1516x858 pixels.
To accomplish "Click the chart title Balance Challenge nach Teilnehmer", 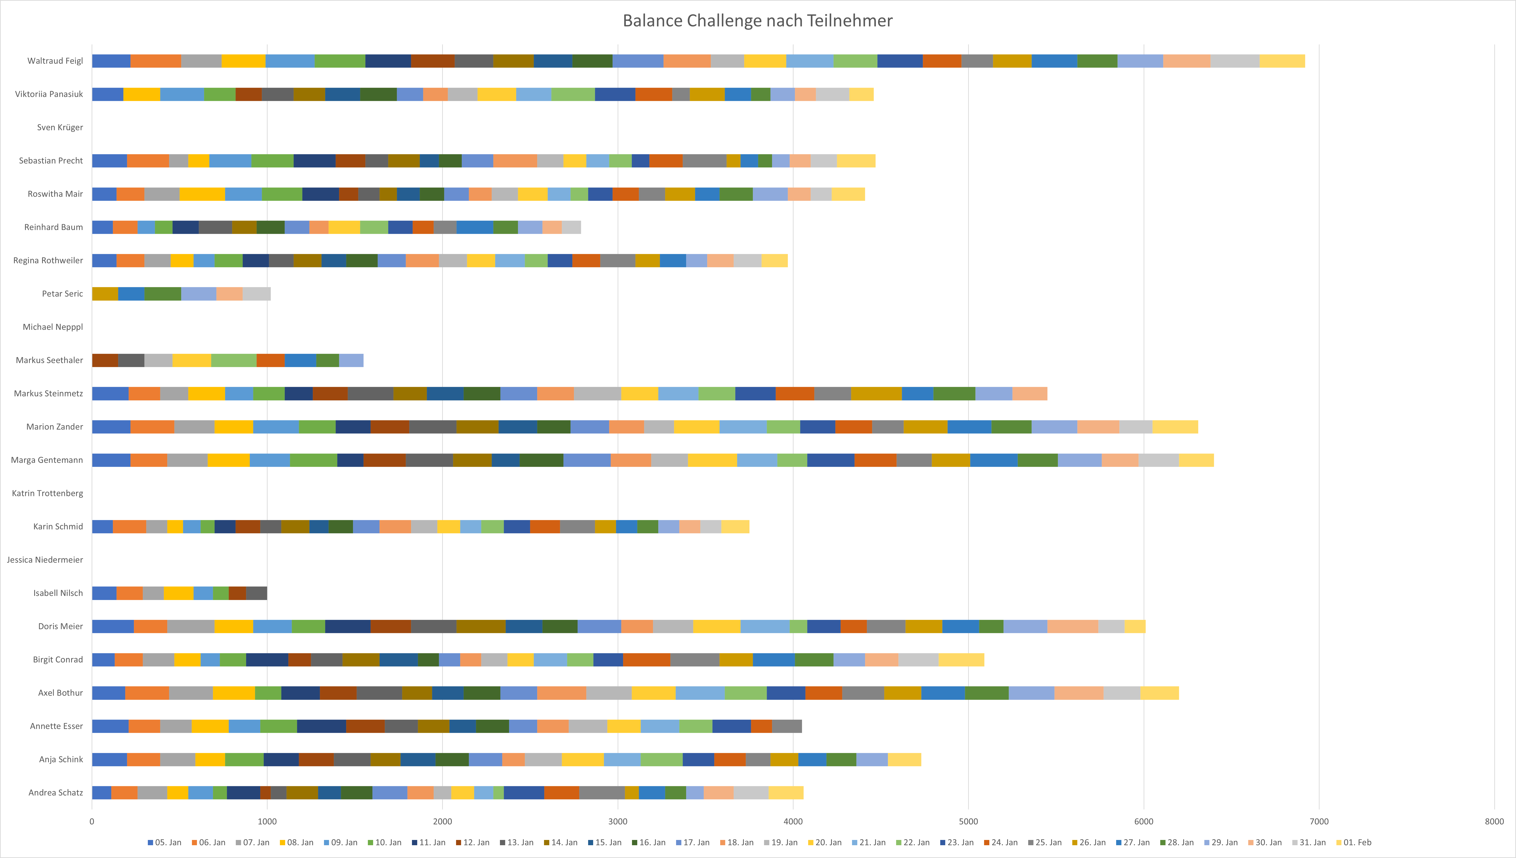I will [757, 21].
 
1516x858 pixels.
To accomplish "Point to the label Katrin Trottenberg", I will [47, 493].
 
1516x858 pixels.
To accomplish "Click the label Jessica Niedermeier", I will [45, 560].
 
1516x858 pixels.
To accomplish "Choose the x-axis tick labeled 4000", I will [793, 821].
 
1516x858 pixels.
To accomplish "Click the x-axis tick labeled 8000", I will [1494, 821].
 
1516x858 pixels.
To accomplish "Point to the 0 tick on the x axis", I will [92, 821].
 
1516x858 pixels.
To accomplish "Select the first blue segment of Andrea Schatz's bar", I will [101, 793].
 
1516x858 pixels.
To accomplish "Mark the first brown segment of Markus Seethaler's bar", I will [105, 360].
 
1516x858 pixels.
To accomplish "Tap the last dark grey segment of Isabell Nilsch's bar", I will [256, 593].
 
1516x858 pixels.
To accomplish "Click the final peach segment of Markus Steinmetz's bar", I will [1030, 394].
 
